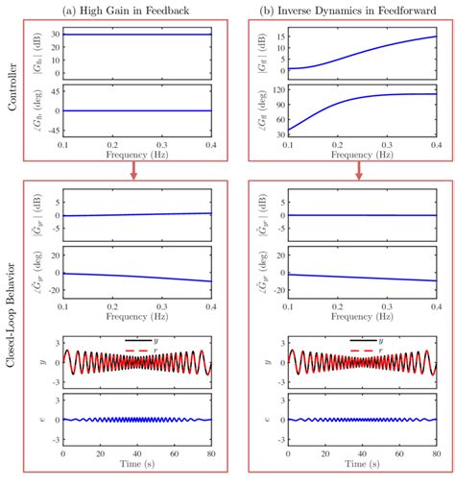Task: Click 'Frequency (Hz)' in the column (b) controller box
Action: (x=360, y=154)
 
